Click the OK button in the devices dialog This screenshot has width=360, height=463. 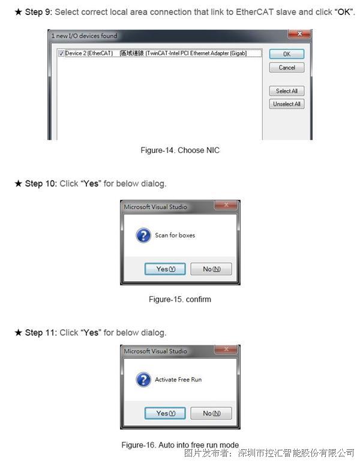click(x=286, y=54)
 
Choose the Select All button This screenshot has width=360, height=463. click(x=286, y=91)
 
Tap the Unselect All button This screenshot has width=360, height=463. click(x=286, y=104)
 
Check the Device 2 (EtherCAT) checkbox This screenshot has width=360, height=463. click(x=61, y=53)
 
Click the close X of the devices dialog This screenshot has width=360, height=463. click(x=299, y=34)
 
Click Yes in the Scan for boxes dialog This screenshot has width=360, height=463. click(x=165, y=269)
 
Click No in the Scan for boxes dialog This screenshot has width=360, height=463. click(x=211, y=269)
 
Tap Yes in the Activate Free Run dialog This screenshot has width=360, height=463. click(x=165, y=413)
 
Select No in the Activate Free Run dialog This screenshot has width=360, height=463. click(x=211, y=413)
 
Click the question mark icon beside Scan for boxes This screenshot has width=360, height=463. click(x=143, y=235)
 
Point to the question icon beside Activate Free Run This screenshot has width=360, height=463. click(x=143, y=380)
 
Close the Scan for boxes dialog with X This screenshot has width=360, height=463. click(x=226, y=205)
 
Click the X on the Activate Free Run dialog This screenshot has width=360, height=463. click(x=226, y=349)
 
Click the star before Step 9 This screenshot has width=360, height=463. click(x=19, y=12)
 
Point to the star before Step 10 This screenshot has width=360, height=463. click(x=19, y=184)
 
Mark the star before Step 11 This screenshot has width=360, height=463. click(x=19, y=333)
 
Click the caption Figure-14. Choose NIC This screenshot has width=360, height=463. click(x=180, y=151)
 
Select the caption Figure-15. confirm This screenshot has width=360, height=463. click(x=180, y=299)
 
